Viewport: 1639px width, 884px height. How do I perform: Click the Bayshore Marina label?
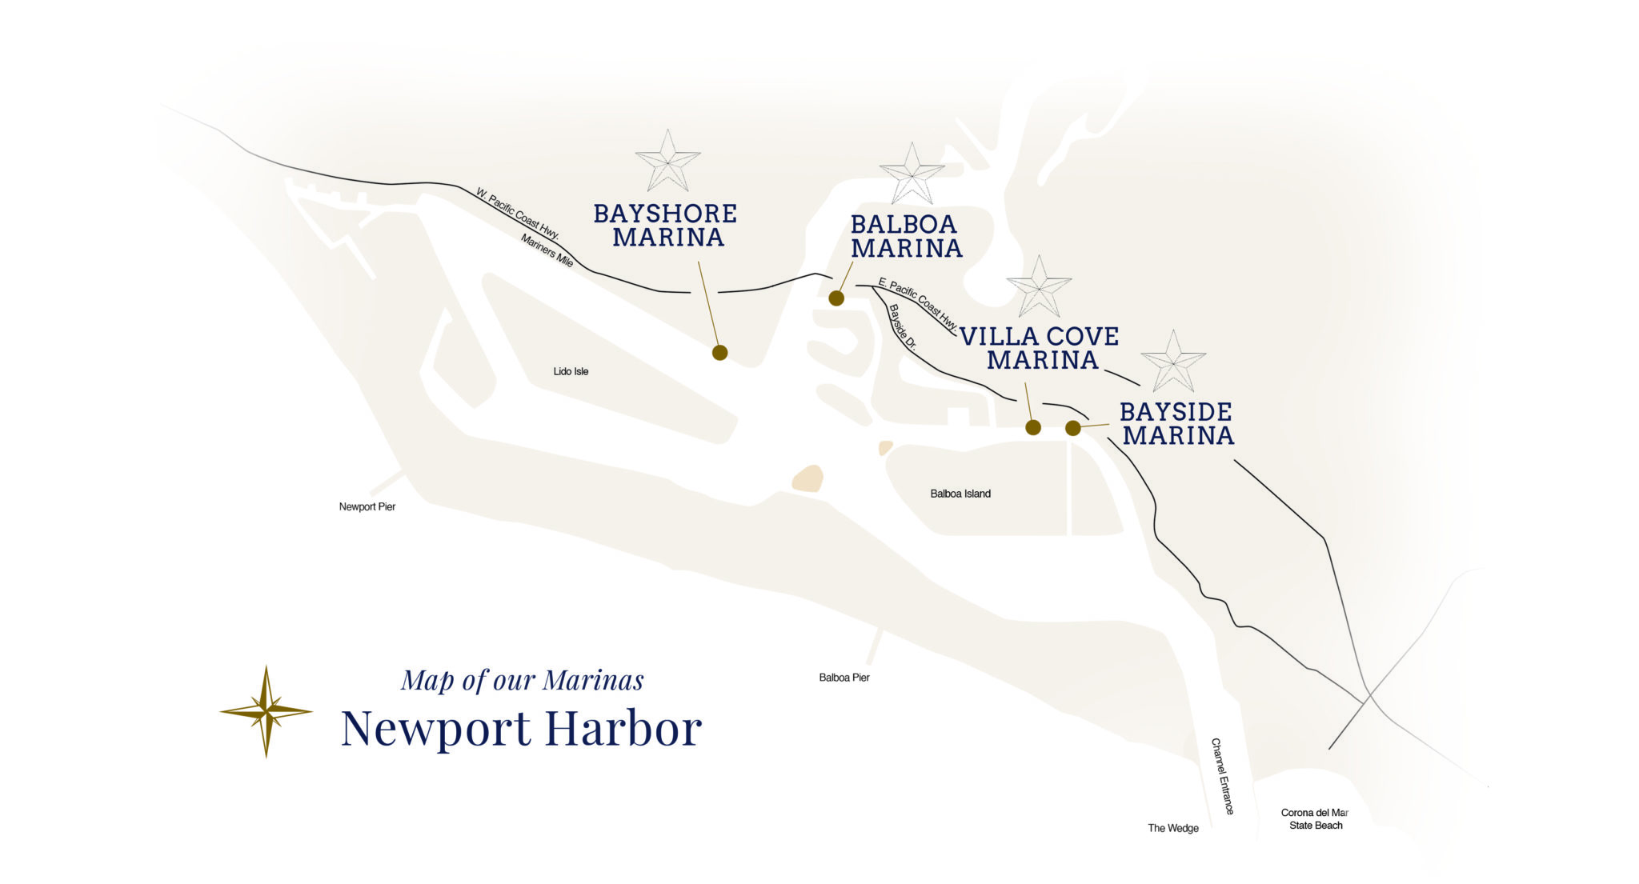click(666, 226)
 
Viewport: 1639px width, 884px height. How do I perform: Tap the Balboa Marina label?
click(906, 237)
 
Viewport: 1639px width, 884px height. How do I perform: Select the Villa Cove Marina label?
click(1040, 348)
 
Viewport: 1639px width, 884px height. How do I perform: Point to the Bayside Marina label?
click(1176, 423)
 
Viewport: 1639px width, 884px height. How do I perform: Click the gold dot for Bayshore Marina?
click(719, 353)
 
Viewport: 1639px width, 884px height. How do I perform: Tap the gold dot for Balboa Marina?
click(836, 298)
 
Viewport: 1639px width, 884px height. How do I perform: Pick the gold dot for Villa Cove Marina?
click(1033, 427)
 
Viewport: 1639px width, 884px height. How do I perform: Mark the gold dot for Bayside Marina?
click(1073, 428)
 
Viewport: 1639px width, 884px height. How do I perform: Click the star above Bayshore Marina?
click(667, 161)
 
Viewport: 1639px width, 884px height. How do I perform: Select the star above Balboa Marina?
click(912, 174)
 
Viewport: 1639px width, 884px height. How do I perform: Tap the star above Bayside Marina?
click(1172, 362)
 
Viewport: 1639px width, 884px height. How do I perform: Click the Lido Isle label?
click(571, 371)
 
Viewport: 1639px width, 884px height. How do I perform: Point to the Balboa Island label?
click(960, 494)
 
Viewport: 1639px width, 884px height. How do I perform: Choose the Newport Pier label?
click(367, 506)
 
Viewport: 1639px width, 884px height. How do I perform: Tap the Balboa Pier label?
click(844, 678)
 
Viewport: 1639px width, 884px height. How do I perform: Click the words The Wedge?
click(1173, 828)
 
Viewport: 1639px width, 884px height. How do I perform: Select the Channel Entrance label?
click(1222, 776)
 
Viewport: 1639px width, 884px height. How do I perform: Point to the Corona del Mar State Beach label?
click(1316, 819)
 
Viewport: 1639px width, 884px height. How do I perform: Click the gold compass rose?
click(266, 710)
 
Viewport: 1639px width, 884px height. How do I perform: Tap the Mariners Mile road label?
click(547, 250)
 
